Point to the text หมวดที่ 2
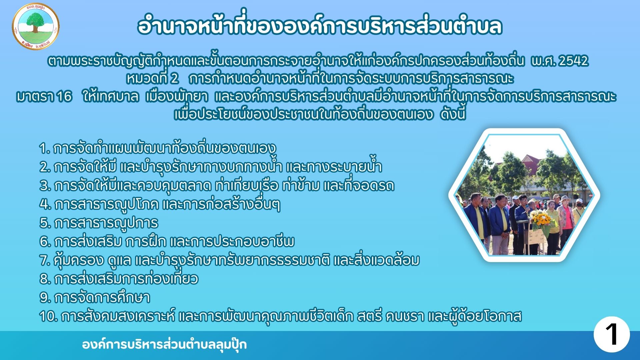tap(152, 79)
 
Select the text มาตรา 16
tap(44, 97)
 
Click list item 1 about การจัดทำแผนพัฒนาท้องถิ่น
tap(158, 148)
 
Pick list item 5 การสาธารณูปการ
tap(99, 223)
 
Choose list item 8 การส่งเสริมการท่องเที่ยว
tap(119, 278)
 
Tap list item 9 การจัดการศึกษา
tap(95, 297)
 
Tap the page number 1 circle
tap(611, 334)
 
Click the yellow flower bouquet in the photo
tap(541, 220)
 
